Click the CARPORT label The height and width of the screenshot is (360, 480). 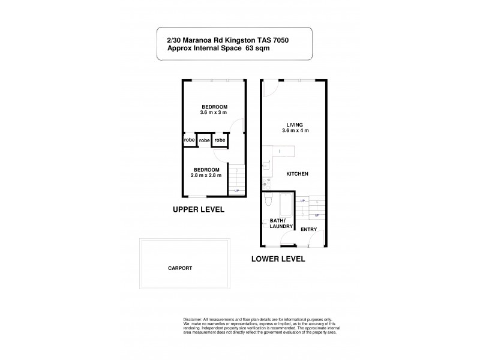click(181, 268)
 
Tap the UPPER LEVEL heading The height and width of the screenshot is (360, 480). click(199, 210)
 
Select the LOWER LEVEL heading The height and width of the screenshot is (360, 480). click(278, 259)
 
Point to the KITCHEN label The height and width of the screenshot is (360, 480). click(297, 174)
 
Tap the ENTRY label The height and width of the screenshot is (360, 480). click(308, 229)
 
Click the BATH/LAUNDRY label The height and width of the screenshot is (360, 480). click(281, 223)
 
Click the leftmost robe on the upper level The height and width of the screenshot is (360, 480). click(189, 140)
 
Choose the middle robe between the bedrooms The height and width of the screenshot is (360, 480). click(205, 140)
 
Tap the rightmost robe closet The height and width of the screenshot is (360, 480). click(220, 140)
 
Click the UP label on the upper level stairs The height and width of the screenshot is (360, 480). click(236, 191)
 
